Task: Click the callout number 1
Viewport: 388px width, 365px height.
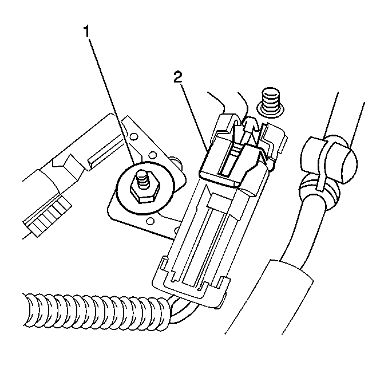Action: [x=86, y=31]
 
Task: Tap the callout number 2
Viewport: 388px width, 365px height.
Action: [x=177, y=78]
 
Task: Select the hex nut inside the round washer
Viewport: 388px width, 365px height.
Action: [x=145, y=189]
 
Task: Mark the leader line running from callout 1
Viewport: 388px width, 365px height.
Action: [x=112, y=101]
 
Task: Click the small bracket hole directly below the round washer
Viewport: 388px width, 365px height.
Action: [x=149, y=220]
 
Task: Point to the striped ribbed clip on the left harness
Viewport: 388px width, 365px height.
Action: [x=47, y=216]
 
